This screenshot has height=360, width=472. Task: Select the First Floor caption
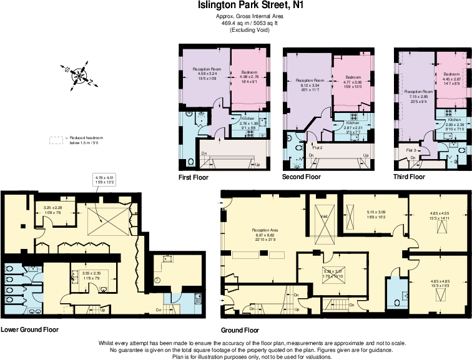[x=194, y=177]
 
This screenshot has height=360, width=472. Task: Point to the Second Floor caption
[x=302, y=177]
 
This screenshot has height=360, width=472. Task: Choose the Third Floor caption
[x=409, y=177]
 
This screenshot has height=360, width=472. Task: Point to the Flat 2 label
[x=317, y=148]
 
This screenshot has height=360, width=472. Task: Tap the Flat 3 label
[x=411, y=151]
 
